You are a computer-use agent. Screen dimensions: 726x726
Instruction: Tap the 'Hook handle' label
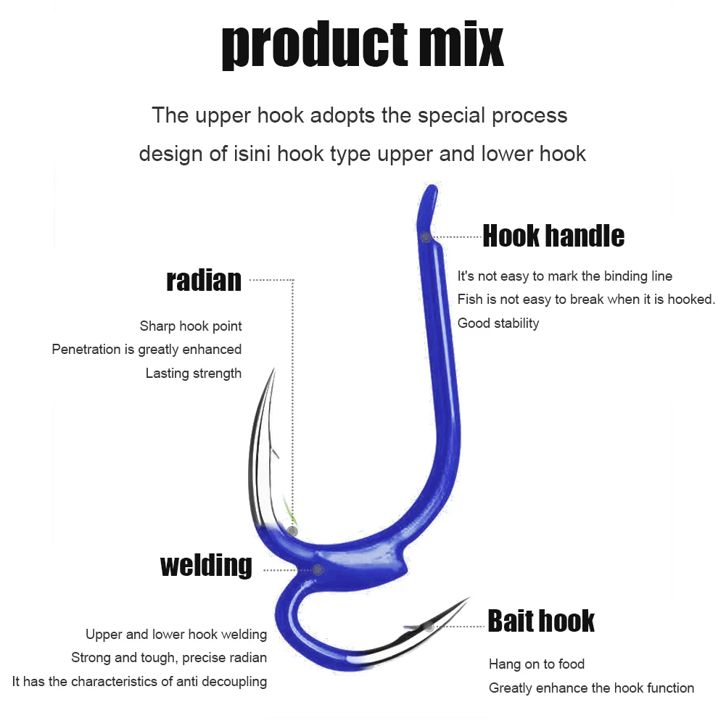553,236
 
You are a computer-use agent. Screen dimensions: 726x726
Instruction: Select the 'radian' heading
204,280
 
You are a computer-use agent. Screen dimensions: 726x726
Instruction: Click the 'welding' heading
207,565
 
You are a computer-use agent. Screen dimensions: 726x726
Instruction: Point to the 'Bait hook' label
541,621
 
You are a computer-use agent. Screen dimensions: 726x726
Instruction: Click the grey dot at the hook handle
426,237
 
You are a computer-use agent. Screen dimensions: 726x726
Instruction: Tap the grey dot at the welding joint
318,570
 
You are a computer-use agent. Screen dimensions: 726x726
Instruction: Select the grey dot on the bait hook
429,626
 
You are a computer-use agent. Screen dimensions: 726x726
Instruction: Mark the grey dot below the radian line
292,532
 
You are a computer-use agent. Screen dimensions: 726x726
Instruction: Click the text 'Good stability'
498,323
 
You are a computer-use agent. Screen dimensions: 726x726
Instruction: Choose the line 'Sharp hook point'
191,326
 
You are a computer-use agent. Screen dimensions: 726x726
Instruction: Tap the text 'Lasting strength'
194,374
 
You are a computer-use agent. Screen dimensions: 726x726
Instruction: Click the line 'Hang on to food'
537,664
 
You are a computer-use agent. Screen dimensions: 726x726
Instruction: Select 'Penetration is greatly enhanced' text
147,350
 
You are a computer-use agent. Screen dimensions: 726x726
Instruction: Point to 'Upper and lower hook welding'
176,635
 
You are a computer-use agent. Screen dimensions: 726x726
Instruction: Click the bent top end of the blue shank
431,190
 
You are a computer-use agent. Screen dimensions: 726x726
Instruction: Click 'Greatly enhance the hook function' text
592,688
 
